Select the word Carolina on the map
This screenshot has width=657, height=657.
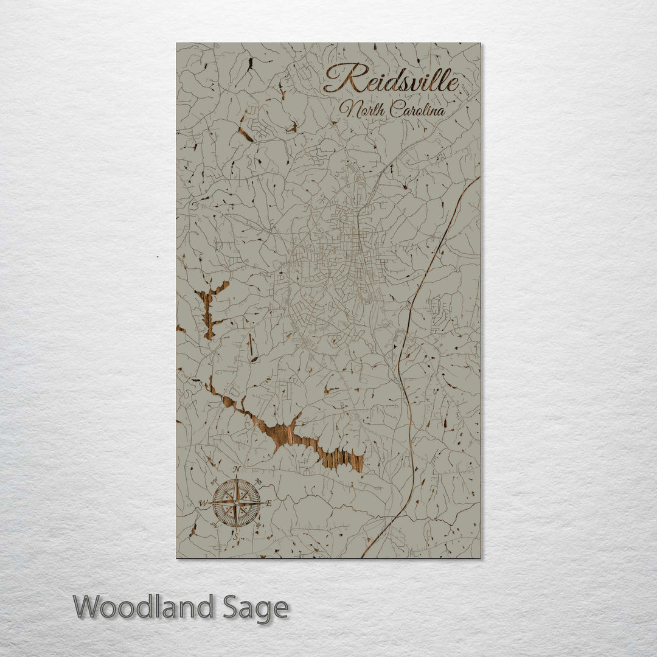[417, 110]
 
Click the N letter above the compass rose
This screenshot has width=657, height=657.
[237, 469]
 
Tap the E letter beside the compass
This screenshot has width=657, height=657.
[268, 503]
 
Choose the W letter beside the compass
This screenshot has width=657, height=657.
[203, 503]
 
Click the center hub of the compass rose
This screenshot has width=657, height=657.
[236, 503]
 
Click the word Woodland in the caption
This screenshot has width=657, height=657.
[144, 607]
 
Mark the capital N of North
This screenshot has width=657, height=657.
[346, 109]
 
